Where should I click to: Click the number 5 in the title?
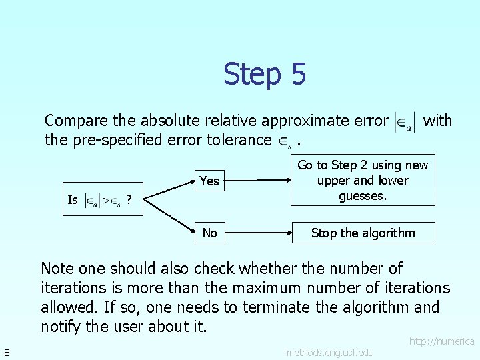[297, 74]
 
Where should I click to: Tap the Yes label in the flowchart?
[209, 181]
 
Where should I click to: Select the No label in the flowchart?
[209, 233]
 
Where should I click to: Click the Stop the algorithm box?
[363, 233]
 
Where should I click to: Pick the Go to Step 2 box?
[363, 181]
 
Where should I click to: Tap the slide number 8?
[6, 351]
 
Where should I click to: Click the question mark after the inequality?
[128, 199]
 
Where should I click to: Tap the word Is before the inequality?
[73, 199]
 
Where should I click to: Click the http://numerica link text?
[441, 341]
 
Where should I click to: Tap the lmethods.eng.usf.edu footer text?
[329, 352]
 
